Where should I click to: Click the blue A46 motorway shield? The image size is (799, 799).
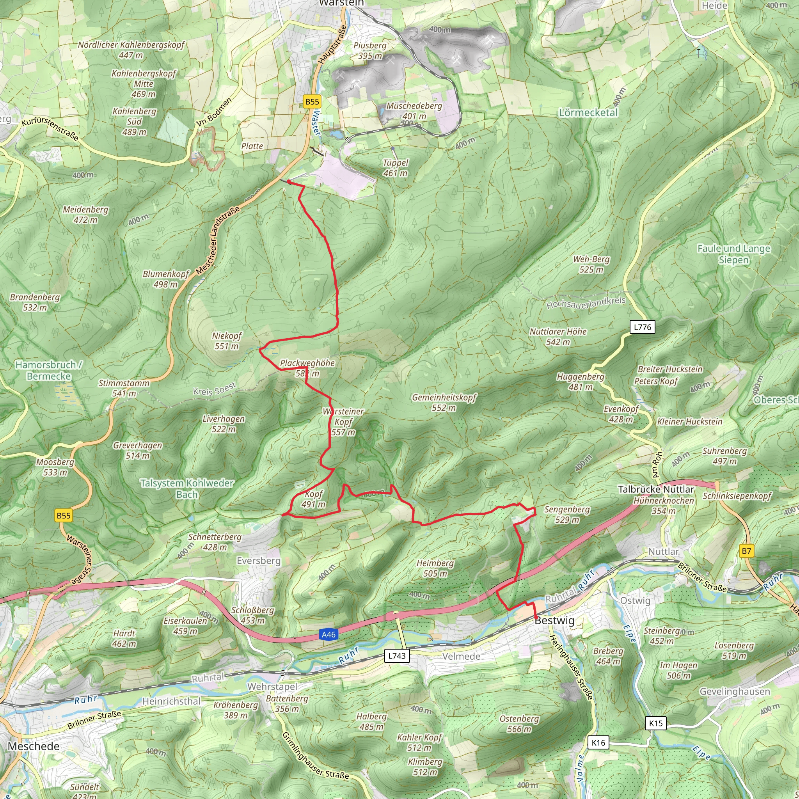click(329, 634)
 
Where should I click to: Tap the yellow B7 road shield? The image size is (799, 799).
click(746, 551)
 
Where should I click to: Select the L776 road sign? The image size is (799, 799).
click(642, 327)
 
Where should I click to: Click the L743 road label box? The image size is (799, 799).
click(397, 655)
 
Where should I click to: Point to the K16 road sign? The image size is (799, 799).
click(598, 742)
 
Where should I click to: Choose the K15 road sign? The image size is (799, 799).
click(655, 723)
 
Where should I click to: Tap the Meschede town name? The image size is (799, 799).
click(34, 746)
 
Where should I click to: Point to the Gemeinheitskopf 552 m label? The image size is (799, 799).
click(444, 402)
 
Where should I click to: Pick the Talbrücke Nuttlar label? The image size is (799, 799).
click(656, 489)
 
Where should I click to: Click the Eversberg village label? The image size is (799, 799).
click(259, 561)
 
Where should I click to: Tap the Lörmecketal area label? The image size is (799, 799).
click(588, 112)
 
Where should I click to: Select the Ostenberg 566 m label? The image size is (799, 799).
click(519, 724)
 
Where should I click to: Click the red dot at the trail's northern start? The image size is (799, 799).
click(289, 182)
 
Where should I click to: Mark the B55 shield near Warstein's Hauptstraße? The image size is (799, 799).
click(312, 102)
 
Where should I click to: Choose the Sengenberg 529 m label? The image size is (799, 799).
click(566, 515)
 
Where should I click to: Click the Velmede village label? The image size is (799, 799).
click(461, 656)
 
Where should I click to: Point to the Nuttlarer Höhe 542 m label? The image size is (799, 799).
click(558, 337)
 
